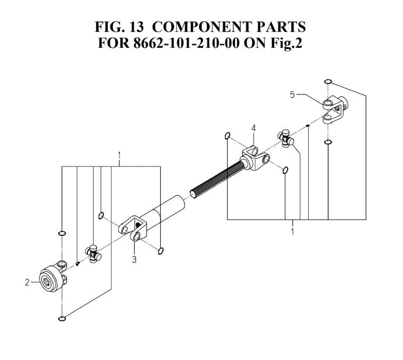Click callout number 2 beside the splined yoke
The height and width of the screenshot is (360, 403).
pos(27,283)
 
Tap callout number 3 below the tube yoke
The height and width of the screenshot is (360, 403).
pos(134,259)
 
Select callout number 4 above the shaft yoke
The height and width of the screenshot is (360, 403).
pos(253,128)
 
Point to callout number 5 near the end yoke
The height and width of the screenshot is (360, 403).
pos(292,95)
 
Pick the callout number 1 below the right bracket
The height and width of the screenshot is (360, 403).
pos(292,232)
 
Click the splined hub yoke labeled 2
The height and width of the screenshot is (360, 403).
pos(52,277)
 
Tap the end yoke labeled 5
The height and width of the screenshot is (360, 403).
pos(335,110)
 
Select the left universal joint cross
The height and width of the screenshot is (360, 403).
pos(93,254)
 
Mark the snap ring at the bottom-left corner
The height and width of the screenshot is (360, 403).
pos(62,319)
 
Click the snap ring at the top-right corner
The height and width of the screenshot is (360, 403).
pos(328,82)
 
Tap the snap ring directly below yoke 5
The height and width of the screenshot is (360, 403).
pos(328,142)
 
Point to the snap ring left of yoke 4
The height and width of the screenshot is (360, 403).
pos(228,136)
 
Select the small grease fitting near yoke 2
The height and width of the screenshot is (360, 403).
pos(78,263)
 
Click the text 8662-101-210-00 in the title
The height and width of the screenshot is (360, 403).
pos(186,43)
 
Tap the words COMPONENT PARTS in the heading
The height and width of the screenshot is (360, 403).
pos(229,27)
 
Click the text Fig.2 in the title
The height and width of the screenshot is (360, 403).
pos(286,43)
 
